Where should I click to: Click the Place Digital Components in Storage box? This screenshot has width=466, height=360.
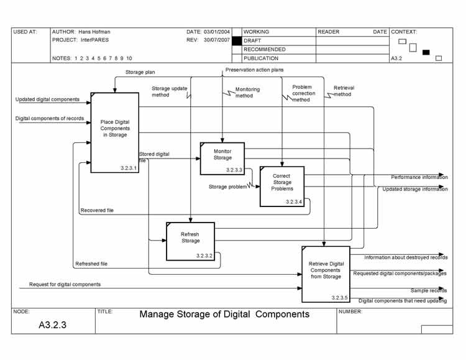(114, 132)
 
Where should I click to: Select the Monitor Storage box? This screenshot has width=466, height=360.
(222, 158)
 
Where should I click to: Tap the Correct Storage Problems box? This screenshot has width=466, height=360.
(282, 186)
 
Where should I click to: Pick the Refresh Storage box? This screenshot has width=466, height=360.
(190, 241)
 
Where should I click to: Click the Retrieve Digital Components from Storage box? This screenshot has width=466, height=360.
(326, 274)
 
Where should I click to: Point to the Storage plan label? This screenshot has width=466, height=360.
(140, 72)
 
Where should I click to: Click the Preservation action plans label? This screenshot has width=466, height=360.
(254, 70)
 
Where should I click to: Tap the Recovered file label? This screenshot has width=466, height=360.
(97, 211)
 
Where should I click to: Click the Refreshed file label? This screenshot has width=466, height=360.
(91, 264)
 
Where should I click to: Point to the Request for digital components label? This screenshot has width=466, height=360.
(65, 284)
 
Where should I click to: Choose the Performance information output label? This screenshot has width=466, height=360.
(419, 177)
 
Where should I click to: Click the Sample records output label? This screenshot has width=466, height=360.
(428, 290)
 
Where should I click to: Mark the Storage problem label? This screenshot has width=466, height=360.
(227, 187)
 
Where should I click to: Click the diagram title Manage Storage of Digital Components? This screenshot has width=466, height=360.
(224, 314)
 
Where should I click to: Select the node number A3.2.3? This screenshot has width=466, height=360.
(53, 325)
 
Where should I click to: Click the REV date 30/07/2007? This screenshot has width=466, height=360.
(217, 40)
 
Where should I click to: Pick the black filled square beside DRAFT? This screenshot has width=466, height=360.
(236, 40)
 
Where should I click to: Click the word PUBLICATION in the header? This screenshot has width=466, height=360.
(261, 58)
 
